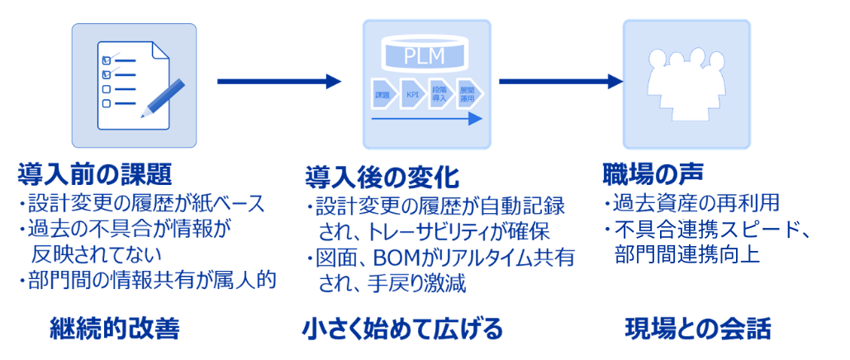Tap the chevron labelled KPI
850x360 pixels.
[412, 93]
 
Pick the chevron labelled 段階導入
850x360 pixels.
[440, 93]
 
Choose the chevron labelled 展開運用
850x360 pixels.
[468, 93]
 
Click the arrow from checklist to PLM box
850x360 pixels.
[278, 81]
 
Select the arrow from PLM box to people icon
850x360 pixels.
[561, 81]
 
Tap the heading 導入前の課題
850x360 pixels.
[95, 174]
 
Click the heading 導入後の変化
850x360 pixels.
[382, 178]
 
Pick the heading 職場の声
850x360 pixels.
[653, 174]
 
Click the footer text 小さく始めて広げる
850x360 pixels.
[402, 330]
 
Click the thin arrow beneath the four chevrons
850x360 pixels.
[426, 119]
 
